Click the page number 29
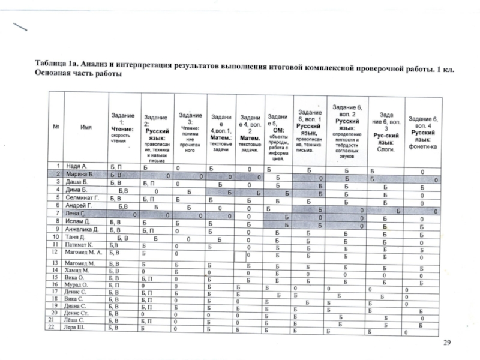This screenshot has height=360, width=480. [x=446, y=343]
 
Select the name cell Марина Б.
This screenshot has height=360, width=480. [x=80, y=173]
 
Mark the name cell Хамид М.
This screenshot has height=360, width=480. [x=79, y=272]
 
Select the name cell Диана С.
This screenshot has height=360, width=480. [x=78, y=305]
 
